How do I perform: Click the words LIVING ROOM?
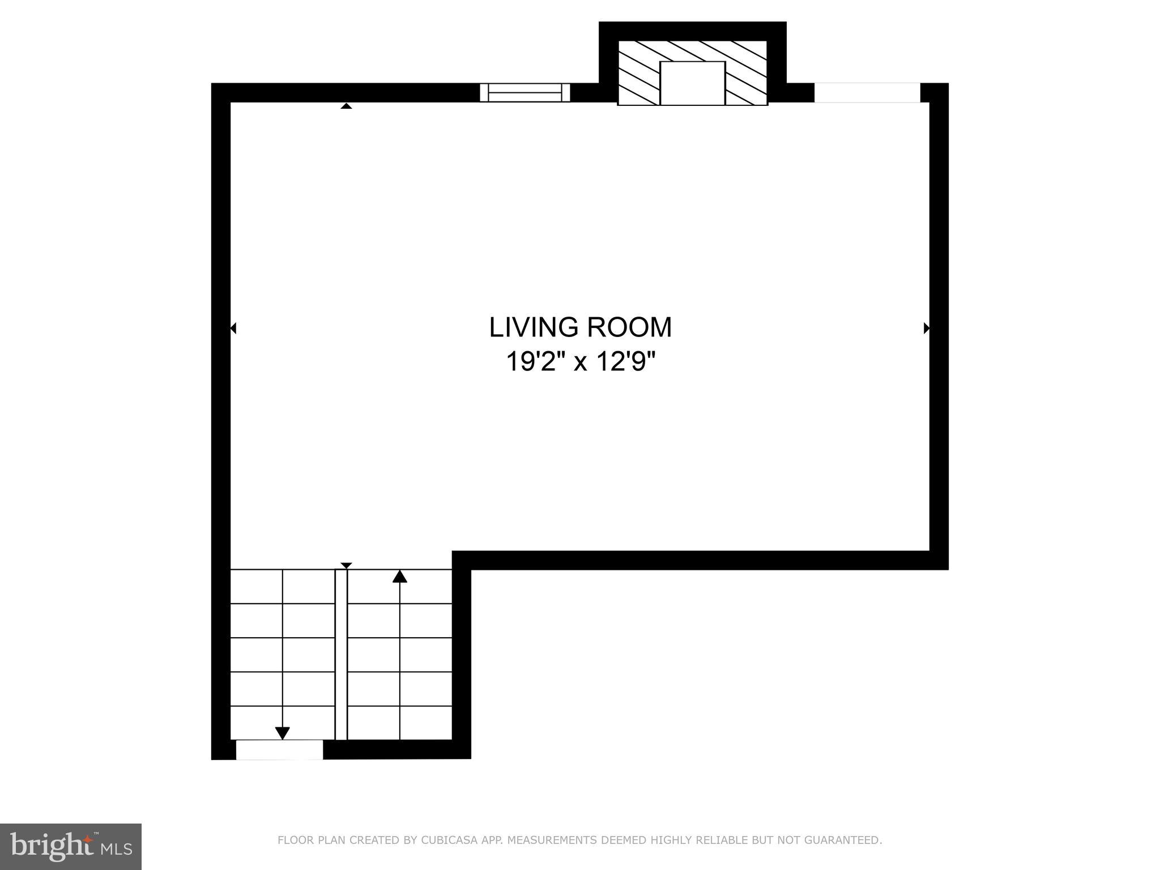[580, 327]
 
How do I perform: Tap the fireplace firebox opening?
[692, 83]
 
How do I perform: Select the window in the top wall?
[524, 92]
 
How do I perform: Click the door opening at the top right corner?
[867, 92]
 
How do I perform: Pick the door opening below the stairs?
[279, 749]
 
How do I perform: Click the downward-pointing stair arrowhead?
[282, 733]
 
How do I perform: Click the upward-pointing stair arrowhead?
[400, 577]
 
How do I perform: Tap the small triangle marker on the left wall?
[233, 328]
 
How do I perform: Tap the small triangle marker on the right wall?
[927, 328]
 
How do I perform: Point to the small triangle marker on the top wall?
[346, 105]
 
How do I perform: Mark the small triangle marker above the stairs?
[346, 565]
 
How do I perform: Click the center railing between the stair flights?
[341, 654]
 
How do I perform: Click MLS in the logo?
[117, 849]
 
